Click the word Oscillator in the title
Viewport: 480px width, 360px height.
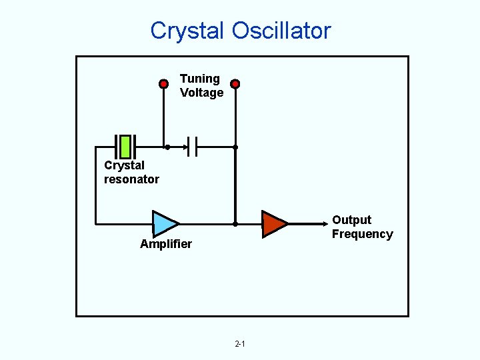281,31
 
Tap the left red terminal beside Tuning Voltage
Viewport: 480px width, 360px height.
163,84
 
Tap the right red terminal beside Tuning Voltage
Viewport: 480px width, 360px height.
235,84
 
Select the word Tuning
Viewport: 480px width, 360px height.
199,79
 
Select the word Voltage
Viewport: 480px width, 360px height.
201,93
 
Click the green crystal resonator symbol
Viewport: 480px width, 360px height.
125,146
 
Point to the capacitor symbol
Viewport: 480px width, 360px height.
193,146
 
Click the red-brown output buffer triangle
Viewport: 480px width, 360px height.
273,223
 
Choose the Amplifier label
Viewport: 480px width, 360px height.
166,244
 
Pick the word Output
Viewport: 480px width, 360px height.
351,220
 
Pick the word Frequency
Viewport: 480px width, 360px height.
362,234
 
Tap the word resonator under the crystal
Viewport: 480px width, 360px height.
131,179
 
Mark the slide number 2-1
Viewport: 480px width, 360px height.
240,344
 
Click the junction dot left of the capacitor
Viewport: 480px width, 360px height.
167,147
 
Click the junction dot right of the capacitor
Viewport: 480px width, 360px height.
235,147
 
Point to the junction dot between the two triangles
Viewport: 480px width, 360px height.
235,224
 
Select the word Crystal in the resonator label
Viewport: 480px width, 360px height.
124,165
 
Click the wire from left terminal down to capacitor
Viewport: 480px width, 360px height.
163,117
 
